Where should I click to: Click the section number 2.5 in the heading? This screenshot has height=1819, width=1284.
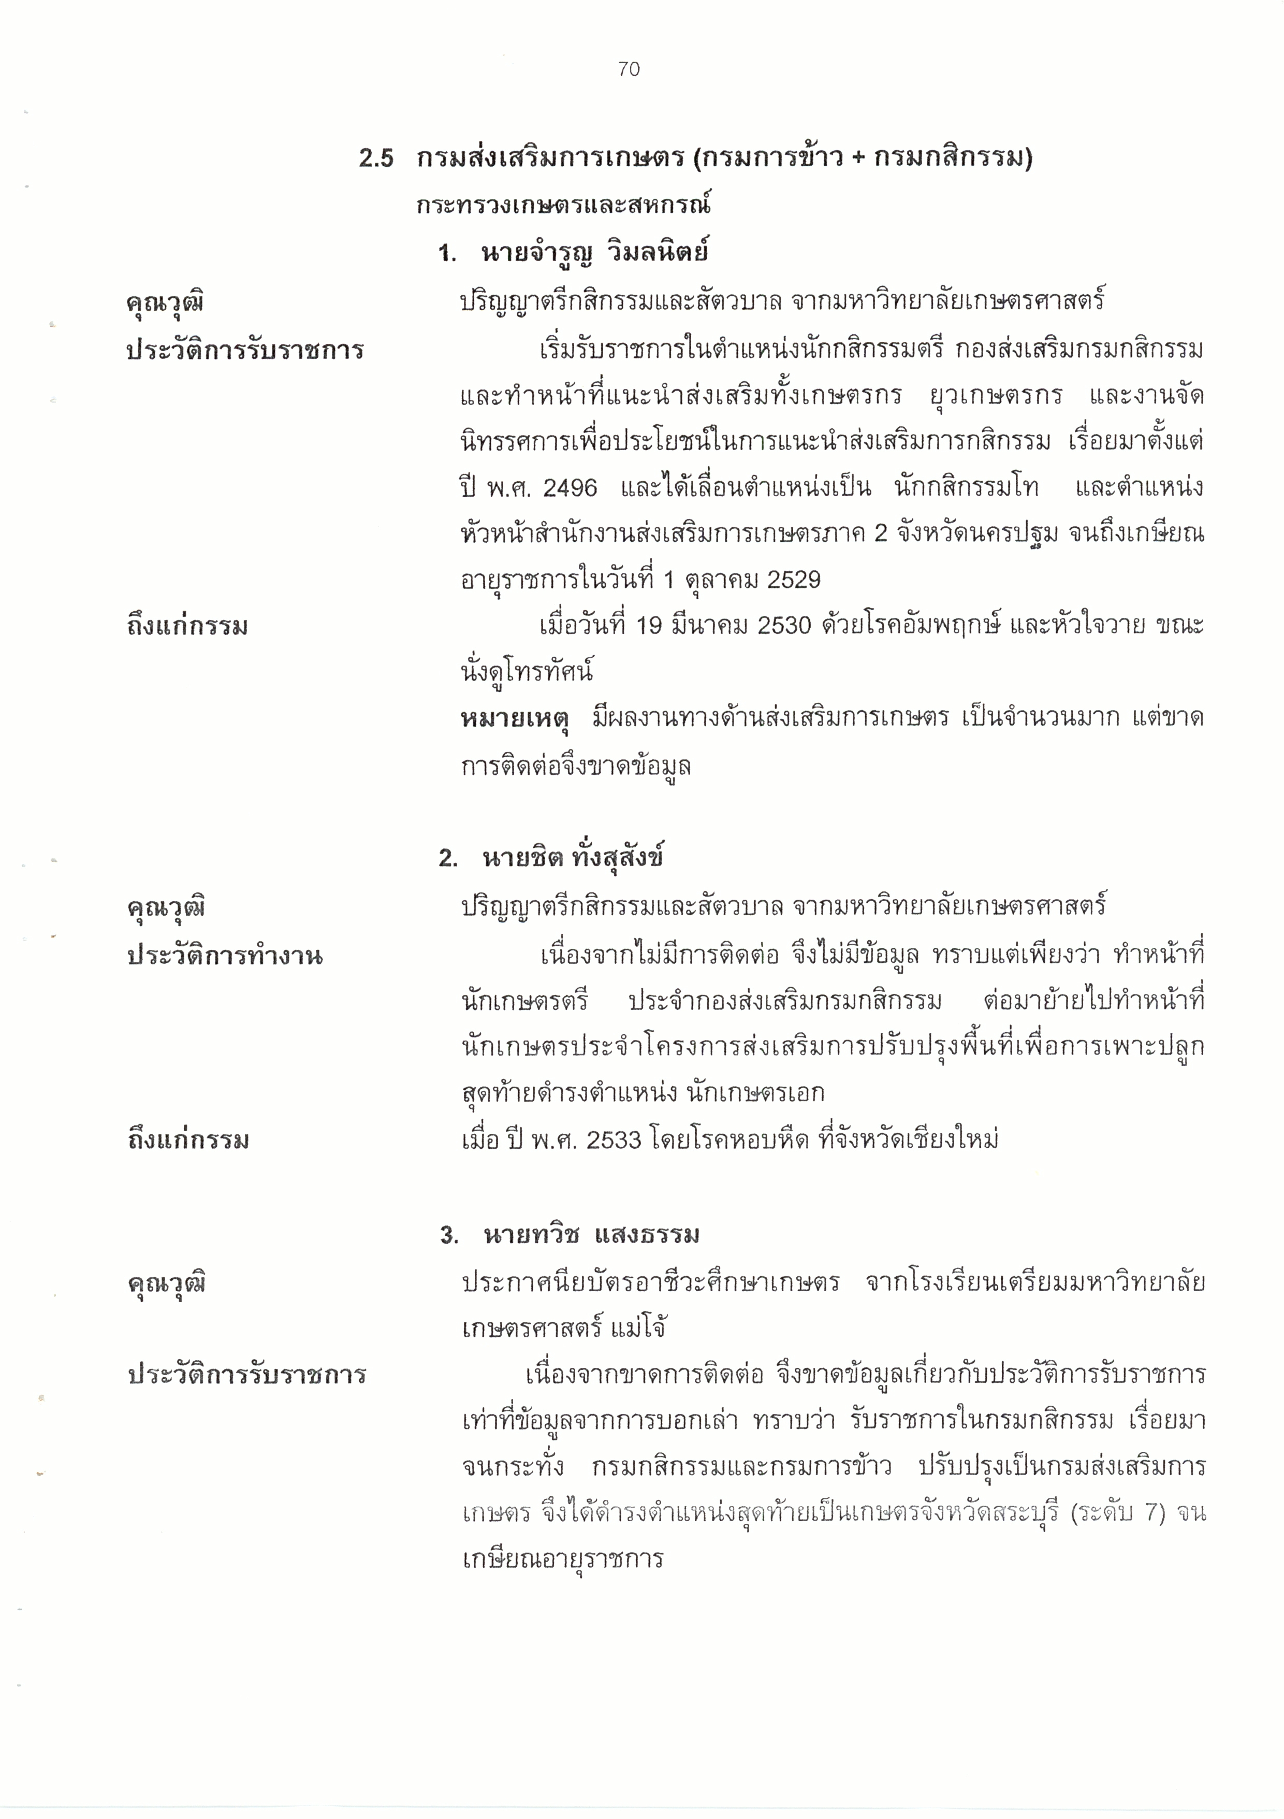tap(376, 158)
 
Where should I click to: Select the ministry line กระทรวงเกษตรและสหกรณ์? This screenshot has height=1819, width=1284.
tap(563, 206)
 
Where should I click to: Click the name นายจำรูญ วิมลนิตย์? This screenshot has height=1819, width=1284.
tap(594, 253)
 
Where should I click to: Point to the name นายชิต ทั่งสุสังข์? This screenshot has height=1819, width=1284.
tap(573, 858)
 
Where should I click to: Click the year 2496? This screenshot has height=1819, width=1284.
tap(571, 488)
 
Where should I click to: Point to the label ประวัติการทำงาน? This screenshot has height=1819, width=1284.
tap(225, 956)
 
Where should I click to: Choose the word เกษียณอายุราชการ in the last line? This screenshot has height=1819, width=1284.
tap(562, 1559)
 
